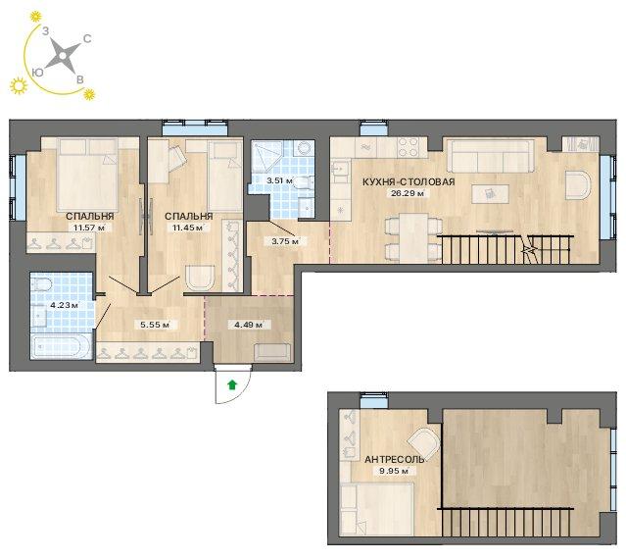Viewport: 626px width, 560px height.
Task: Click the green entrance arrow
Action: pos(232,384)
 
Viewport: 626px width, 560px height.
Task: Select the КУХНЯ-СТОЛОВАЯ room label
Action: pos(409,181)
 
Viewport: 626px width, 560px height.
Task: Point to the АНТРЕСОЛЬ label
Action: pos(394,460)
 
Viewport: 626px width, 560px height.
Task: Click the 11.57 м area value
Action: pos(89,228)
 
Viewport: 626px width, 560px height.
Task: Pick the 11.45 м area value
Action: pos(188,228)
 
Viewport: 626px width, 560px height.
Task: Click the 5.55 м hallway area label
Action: pos(155,325)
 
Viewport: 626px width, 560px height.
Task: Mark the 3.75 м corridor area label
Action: pos(285,241)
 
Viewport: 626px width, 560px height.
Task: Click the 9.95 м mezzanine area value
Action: pos(394,471)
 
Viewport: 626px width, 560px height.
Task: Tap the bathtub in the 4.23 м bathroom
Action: pos(61,347)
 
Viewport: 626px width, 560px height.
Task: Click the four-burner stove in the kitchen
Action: pos(408,147)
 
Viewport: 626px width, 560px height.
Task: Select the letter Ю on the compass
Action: pos(37,72)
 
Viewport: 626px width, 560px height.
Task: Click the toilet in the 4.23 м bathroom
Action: pos(42,283)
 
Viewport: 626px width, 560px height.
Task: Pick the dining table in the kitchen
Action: pos(413,237)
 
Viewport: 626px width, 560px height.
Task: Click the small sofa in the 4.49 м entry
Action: pos(272,352)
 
